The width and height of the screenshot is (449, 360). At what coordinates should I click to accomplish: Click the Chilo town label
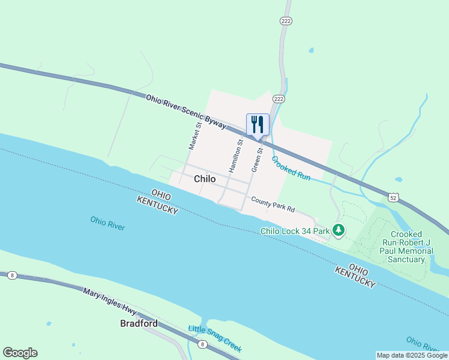tap(205, 179)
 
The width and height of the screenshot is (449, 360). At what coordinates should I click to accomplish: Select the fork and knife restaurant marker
tap(258, 125)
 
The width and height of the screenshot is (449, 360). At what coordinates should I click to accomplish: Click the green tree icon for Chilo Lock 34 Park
tap(339, 230)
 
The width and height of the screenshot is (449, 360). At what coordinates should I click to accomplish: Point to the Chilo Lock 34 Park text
tap(295, 230)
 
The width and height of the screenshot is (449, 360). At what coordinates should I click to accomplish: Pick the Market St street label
tap(194, 135)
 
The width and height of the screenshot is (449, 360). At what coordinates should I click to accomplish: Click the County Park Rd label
tap(273, 205)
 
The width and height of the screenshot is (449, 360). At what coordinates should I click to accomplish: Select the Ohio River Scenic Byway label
tap(186, 111)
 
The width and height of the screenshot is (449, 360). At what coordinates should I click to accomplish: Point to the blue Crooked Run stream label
tap(291, 169)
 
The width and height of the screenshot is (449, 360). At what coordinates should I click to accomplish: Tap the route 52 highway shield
tap(393, 197)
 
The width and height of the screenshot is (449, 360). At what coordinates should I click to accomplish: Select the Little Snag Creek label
tap(215, 338)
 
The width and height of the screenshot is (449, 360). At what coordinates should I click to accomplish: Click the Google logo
tap(20, 353)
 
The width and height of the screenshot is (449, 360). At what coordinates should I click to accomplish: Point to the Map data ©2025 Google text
tap(411, 355)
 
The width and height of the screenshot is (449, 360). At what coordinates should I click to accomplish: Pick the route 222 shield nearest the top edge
tap(286, 21)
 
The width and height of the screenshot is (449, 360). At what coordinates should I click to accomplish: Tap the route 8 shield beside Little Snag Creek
tap(203, 344)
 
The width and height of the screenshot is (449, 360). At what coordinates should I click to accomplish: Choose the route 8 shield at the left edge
tap(11, 275)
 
